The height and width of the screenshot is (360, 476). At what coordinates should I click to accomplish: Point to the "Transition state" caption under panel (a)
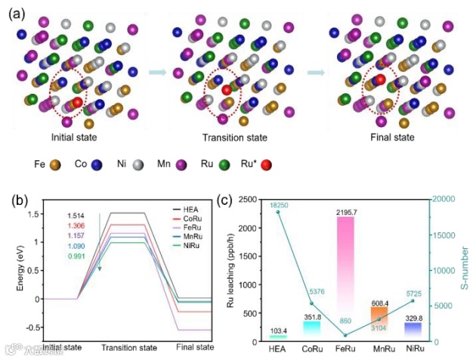pos(234,138)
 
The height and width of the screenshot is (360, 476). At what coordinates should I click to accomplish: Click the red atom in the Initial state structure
pos(78,103)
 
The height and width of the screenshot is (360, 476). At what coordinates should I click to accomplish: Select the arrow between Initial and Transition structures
pos(157,73)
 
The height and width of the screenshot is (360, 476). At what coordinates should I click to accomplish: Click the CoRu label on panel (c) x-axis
pos(292,350)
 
